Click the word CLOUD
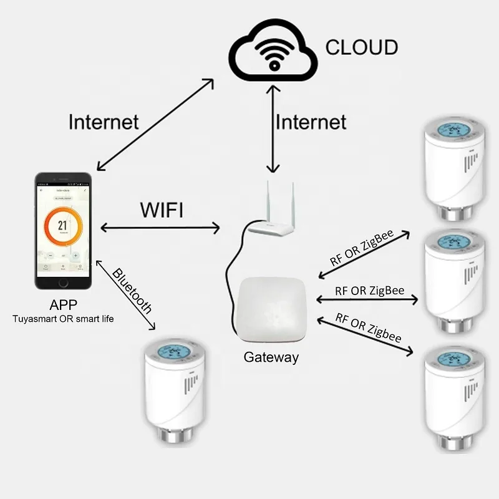tap(362, 47)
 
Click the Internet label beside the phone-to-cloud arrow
tap(104, 121)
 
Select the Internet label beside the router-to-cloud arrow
tap(311, 121)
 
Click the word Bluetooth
tap(132, 291)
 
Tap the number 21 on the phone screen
tap(62, 226)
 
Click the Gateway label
tap(271, 357)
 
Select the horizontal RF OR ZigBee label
tap(369, 291)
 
